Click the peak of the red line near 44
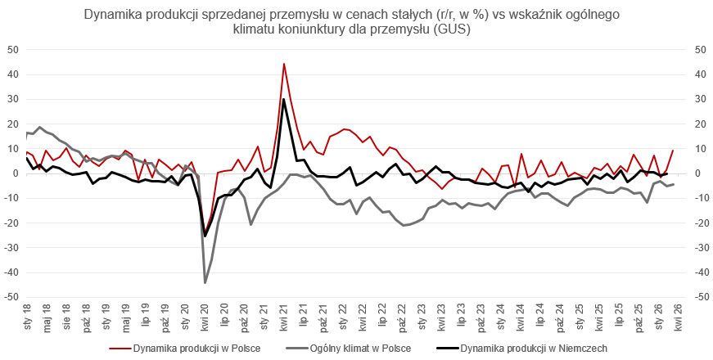tap(284, 64)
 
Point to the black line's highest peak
tap(284, 100)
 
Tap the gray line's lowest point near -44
tap(205, 282)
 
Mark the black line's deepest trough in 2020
tap(205, 236)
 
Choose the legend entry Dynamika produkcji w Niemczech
tap(533, 348)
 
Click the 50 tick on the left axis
tap(12, 49)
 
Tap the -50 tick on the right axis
tap(702, 298)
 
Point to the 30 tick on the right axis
tap(700, 99)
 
